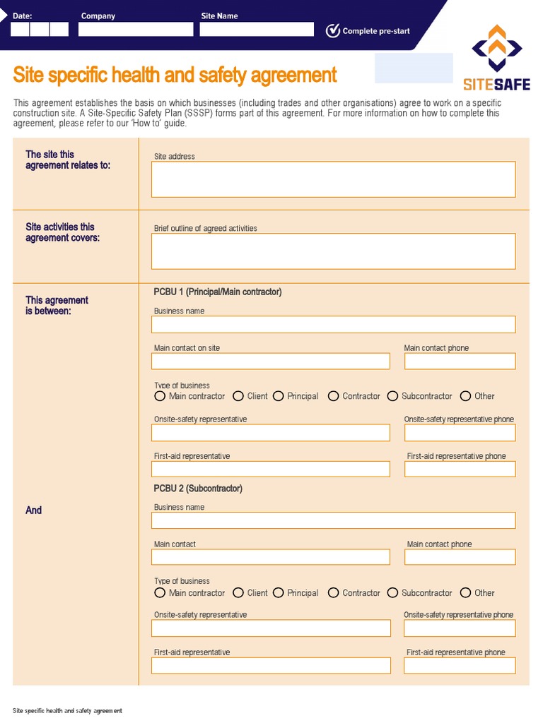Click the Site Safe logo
496,59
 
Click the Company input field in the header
136,30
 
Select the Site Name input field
257,30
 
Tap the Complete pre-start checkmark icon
332,30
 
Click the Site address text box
333,179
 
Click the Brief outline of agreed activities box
333,251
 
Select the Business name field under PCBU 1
333,324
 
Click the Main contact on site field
270,361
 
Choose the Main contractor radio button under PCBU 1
160,396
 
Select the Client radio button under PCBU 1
238,396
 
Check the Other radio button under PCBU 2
465,593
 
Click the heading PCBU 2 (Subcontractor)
198,489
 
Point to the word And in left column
34,510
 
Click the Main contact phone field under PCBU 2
460,557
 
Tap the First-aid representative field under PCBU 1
270,469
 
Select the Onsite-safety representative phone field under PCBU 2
460,628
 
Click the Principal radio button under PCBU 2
279,593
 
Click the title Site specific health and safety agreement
175,75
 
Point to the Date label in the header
22,16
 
